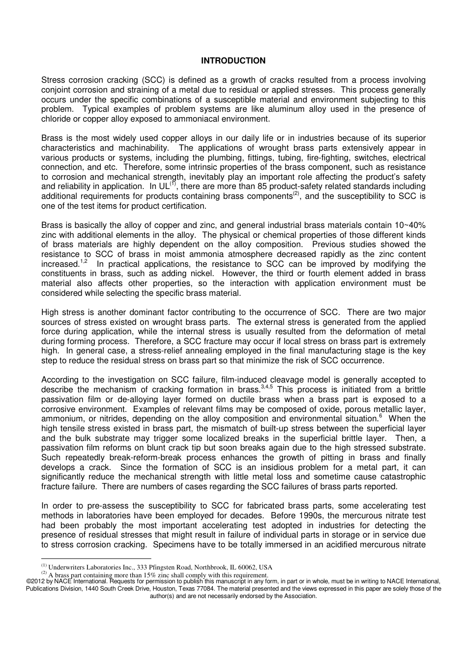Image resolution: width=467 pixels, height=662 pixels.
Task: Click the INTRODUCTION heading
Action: (x=233, y=61)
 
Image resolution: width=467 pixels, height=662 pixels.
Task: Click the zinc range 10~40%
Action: (x=409, y=225)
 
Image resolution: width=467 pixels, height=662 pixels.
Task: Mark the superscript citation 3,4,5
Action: (x=266, y=387)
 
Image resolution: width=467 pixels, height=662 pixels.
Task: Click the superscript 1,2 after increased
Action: (x=84, y=261)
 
